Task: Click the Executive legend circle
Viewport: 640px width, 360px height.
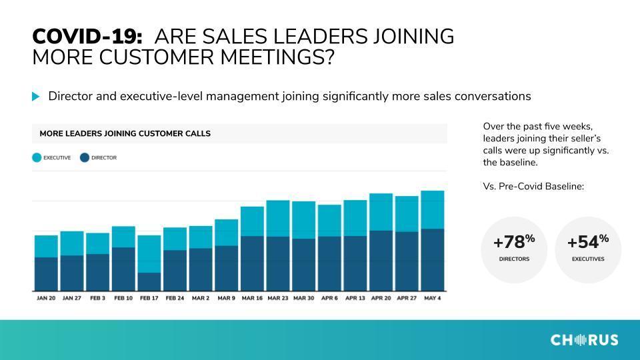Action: pyautogui.click(x=37, y=157)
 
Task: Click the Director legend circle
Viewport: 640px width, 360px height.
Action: pyautogui.click(x=85, y=157)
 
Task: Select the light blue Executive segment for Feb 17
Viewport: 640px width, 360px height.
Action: pyautogui.click(x=149, y=254)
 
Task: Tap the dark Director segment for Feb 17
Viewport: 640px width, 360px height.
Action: pyautogui.click(x=149, y=281)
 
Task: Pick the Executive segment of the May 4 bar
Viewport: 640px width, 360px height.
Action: pyautogui.click(x=432, y=210)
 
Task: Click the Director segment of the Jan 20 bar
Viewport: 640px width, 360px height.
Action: pyautogui.click(x=46, y=274)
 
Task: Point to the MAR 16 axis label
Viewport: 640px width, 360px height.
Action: pyautogui.click(x=252, y=299)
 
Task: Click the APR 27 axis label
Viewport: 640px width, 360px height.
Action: pyautogui.click(x=407, y=299)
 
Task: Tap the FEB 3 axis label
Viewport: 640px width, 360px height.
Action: pyautogui.click(x=97, y=299)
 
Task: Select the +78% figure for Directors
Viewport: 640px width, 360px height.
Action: pyautogui.click(x=514, y=241)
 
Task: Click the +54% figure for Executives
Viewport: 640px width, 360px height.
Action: pyautogui.click(x=588, y=241)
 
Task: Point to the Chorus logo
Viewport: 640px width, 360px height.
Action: pyautogui.click(x=584, y=340)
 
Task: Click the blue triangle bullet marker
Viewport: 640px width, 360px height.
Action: pyautogui.click(x=36, y=97)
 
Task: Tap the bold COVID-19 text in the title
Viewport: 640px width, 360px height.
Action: pyautogui.click(x=87, y=36)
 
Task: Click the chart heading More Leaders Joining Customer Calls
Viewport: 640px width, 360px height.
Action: pyautogui.click(x=125, y=133)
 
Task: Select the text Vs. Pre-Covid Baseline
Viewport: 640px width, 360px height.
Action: pyautogui.click(x=533, y=187)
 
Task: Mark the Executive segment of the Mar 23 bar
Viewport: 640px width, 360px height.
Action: pyautogui.click(x=278, y=219)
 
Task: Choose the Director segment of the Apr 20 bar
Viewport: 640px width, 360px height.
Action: pyautogui.click(x=381, y=261)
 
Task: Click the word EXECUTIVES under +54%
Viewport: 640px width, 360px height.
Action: pyautogui.click(x=588, y=259)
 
